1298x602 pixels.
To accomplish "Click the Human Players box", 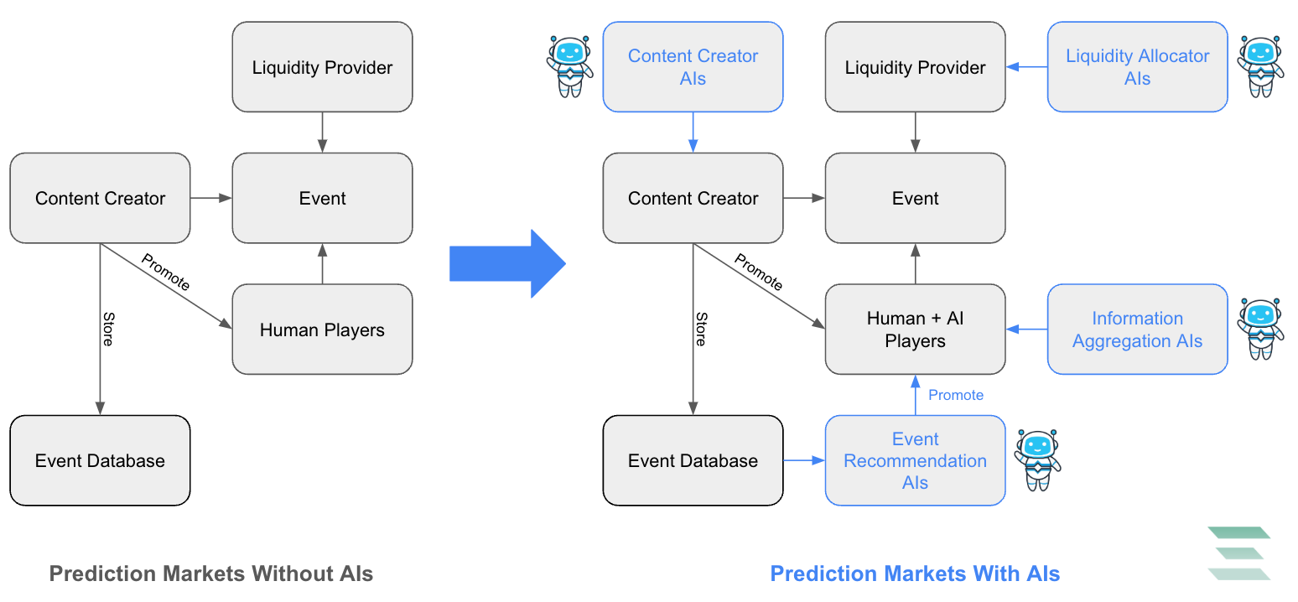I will (x=322, y=330).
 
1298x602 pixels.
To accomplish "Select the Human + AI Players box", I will (x=915, y=330).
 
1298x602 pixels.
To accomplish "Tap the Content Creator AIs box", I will (x=693, y=67).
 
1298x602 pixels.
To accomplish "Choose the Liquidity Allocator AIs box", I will (x=1137, y=67).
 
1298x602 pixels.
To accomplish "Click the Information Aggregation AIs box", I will (x=1137, y=330).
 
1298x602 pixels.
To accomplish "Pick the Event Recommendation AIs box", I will (x=915, y=460).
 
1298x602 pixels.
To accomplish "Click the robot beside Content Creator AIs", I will (x=569, y=66).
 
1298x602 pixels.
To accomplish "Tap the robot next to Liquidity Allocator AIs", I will (x=1260, y=66).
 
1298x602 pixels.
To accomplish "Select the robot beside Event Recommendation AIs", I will (x=1038, y=459).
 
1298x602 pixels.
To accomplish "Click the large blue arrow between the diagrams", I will (x=507, y=264).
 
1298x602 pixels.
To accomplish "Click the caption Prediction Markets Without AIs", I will (x=211, y=573).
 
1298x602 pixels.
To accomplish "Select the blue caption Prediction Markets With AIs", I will (x=915, y=573).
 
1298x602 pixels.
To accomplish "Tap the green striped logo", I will (x=1239, y=553).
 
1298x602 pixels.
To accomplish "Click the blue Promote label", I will (x=956, y=395).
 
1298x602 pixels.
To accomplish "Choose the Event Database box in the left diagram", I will (x=100, y=460).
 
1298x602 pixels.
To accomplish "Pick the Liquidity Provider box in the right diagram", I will (x=915, y=67).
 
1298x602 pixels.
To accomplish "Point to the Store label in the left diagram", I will (x=108, y=329).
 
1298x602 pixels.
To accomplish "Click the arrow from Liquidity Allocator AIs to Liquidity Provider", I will (x=1026, y=67).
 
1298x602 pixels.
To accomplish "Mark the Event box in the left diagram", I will (x=322, y=198).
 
